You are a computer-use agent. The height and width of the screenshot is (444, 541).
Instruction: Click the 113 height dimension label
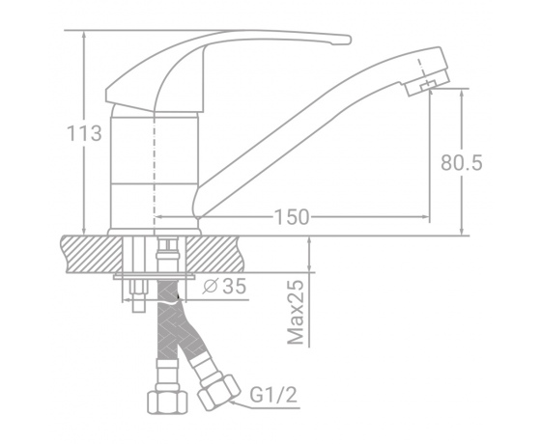pyautogui.click(x=84, y=133)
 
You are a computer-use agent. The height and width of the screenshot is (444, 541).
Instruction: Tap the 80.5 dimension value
pyautogui.click(x=462, y=162)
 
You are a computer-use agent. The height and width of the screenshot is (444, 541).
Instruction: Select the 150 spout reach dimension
pyautogui.click(x=292, y=217)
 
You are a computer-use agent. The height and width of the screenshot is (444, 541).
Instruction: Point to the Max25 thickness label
pyautogui.click(x=296, y=313)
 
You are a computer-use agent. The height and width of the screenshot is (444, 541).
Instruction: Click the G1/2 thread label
pyautogui.click(x=273, y=395)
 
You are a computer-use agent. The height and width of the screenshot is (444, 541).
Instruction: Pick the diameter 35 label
pyautogui.click(x=224, y=286)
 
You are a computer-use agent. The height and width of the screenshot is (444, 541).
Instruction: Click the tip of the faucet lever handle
pyautogui.click(x=348, y=40)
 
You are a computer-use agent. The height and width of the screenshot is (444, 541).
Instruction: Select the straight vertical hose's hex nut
pyautogui.click(x=167, y=402)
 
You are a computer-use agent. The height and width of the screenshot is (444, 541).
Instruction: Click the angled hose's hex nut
pyautogui.click(x=219, y=392)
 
